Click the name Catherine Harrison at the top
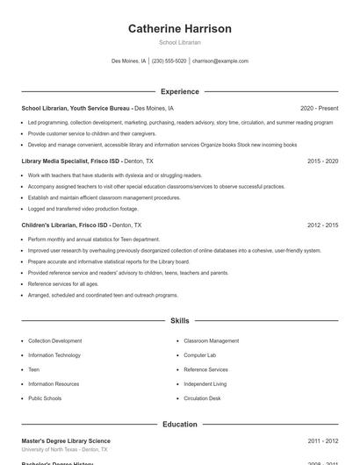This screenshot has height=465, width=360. tap(180, 29)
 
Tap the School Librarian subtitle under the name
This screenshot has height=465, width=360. tap(180, 42)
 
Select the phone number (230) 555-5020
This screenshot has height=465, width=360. tap(169, 61)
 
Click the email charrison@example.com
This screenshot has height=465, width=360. tap(220, 61)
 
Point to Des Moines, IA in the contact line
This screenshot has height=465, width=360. tap(129, 61)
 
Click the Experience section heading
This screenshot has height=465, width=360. tap(180, 91)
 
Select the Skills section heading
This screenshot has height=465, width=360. tap(180, 321)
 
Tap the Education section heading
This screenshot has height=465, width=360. tap(180, 425)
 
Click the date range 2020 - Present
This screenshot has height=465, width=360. tap(319, 109)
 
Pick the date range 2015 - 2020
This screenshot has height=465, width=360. tap(323, 161)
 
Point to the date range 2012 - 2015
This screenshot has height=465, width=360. tap(323, 225)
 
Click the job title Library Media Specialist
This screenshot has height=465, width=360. tap(59, 161)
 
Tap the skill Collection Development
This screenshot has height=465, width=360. tap(54, 340)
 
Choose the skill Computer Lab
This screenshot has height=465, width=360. tap(200, 355)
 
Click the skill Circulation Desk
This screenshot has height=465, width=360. tap(202, 398)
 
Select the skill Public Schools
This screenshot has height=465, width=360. tap(45, 398)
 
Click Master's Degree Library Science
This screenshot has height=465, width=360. tap(66, 440)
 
